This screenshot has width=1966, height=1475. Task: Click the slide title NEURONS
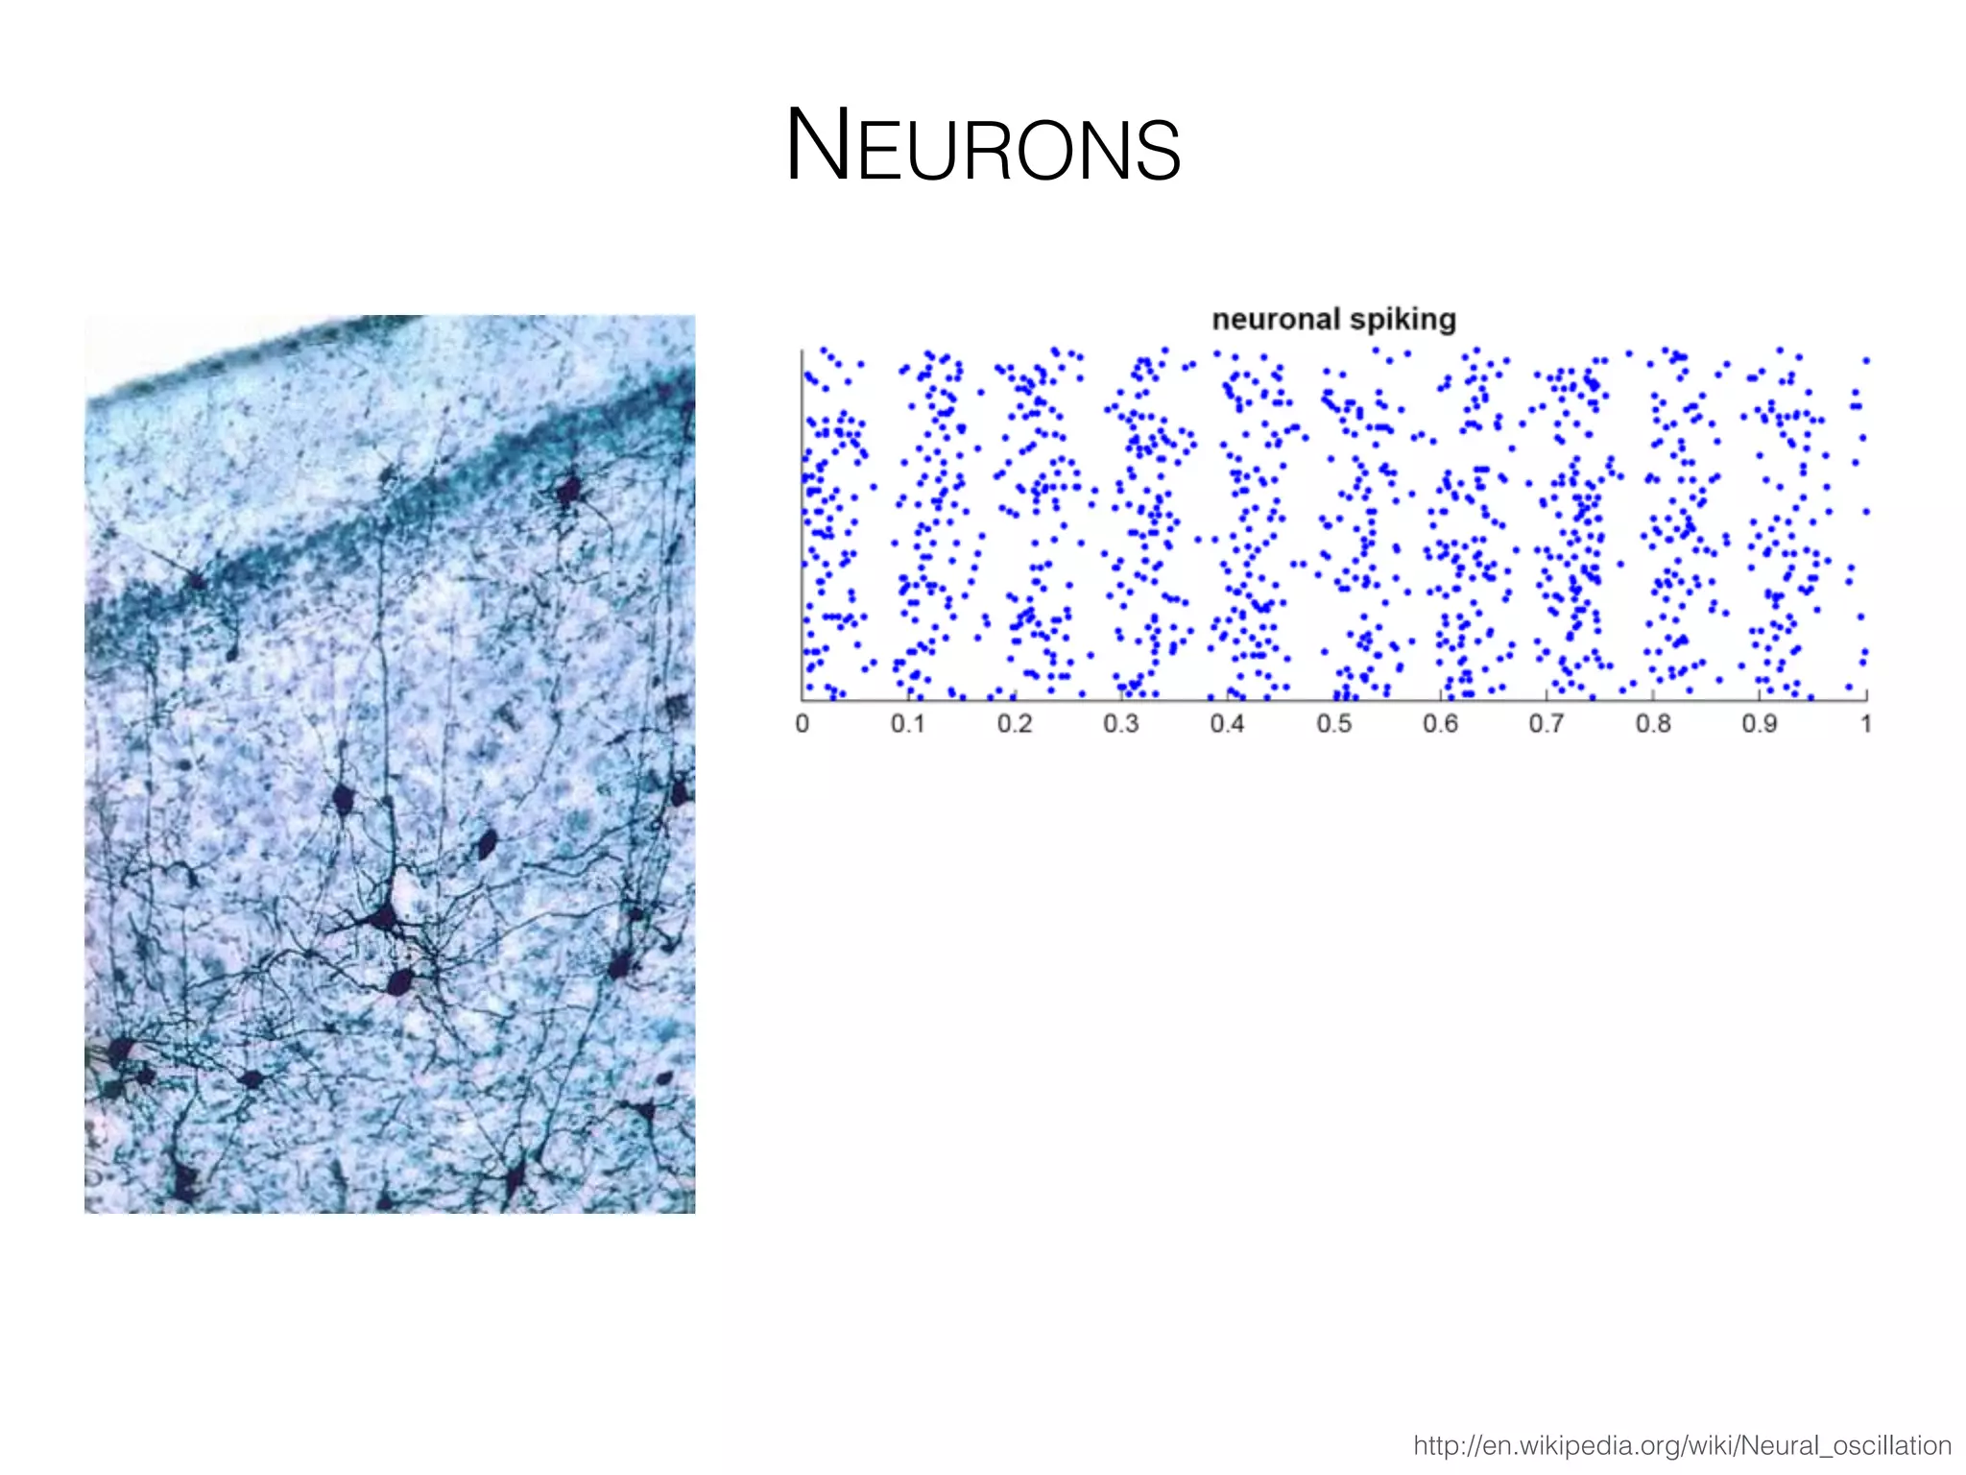click(x=983, y=146)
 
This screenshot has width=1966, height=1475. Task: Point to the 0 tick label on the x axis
click(x=803, y=723)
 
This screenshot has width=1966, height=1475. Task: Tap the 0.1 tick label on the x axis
click(x=907, y=723)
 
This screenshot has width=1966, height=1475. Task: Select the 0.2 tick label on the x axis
click(x=1014, y=723)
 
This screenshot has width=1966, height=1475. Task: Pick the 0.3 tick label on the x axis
click(x=1120, y=723)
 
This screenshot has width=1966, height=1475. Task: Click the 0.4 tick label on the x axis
click(x=1227, y=723)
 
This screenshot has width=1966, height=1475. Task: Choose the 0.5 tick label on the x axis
click(x=1333, y=723)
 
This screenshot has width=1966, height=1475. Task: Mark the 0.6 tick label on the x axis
click(x=1440, y=723)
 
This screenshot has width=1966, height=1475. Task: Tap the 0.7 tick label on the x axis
click(x=1546, y=723)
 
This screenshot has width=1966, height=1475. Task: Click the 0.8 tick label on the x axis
click(x=1653, y=723)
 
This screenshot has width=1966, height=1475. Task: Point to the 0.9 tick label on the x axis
click(x=1760, y=723)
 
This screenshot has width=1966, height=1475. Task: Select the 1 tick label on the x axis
click(x=1866, y=723)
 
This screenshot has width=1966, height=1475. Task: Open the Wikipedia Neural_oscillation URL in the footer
click(x=1682, y=1445)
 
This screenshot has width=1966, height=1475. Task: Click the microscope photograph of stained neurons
click(x=390, y=763)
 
